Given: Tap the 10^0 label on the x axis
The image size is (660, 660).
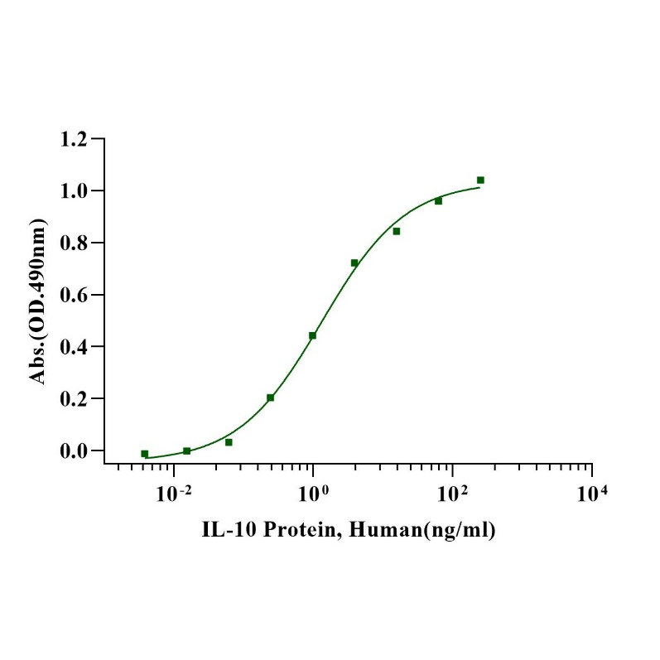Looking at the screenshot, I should click(x=313, y=494).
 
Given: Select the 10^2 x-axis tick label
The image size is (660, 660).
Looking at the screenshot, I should click(x=452, y=494).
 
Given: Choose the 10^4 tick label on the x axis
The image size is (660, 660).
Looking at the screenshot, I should click(x=591, y=494).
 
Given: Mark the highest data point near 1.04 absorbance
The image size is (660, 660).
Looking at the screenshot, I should click(x=480, y=180).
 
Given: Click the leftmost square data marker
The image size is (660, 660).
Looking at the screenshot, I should click(x=145, y=454).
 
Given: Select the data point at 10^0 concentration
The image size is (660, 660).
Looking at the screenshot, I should click(x=313, y=335).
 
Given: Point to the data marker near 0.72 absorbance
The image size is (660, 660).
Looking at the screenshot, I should click(x=354, y=263).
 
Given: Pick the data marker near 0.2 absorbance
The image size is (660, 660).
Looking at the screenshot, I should click(x=271, y=397).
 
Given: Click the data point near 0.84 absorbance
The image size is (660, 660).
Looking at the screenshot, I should click(x=397, y=231).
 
